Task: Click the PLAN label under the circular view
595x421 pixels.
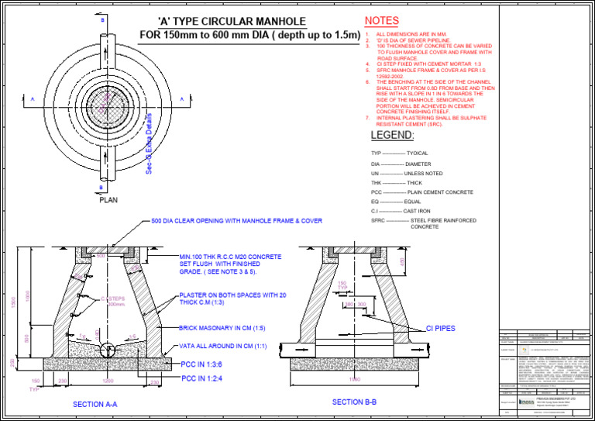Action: pos(108,199)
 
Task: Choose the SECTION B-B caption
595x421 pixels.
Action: pos(354,402)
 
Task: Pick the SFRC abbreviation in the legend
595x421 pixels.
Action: pos(378,220)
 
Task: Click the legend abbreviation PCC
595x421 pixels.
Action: pos(377,192)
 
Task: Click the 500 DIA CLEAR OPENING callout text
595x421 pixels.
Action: pos(236,221)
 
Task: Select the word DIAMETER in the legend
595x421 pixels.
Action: pos(418,164)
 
